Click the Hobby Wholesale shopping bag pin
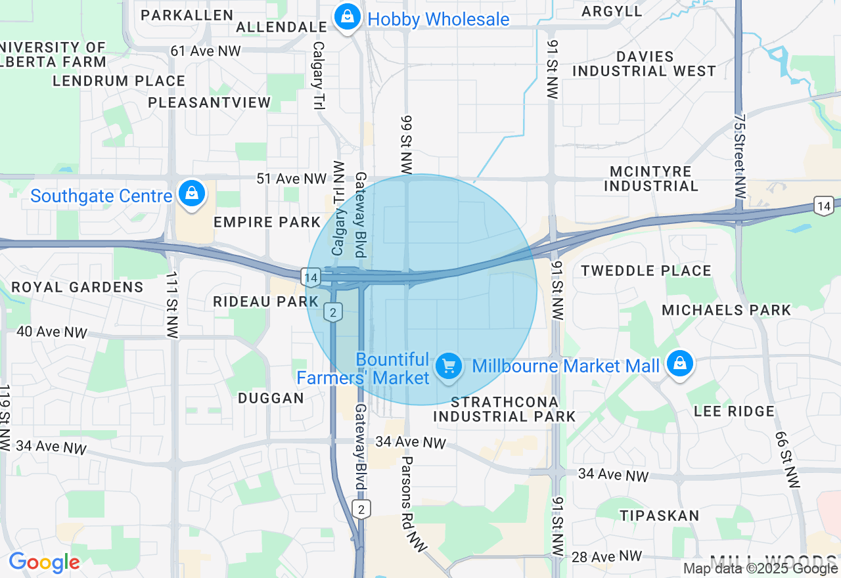pyautogui.click(x=346, y=18)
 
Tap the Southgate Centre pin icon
pyautogui.click(x=191, y=194)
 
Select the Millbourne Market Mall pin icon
pyautogui.click(x=679, y=364)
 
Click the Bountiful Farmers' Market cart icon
pyautogui.click(x=449, y=365)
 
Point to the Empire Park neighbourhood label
pyautogui.click(x=267, y=222)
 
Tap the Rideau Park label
pyautogui.click(x=266, y=301)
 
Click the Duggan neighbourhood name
pyautogui.click(x=271, y=398)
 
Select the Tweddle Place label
pyautogui.click(x=646, y=271)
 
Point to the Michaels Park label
pyautogui.click(x=726, y=310)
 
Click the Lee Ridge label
pyautogui.click(x=734, y=411)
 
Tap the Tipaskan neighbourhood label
pyautogui.click(x=659, y=516)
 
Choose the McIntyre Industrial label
pyautogui.click(x=650, y=179)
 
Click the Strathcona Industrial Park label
pyautogui.click(x=504, y=409)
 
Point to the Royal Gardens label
pyautogui.click(x=78, y=287)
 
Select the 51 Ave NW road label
pyautogui.click(x=291, y=179)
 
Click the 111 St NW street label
pyautogui.click(x=172, y=305)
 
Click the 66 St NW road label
pyautogui.click(x=788, y=460)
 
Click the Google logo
pyautogui.click(x=44, y=562)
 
